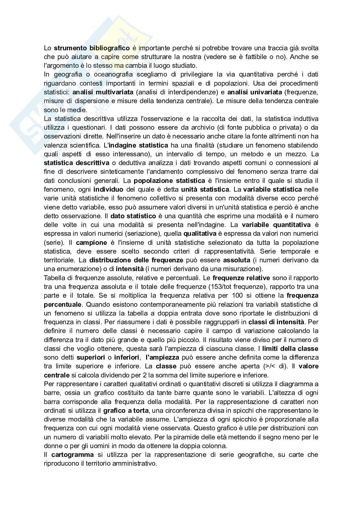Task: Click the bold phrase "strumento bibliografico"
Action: (x=92, y=48)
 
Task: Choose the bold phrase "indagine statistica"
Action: (x=138, y=145)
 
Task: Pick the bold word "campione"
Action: (x=91, y=242)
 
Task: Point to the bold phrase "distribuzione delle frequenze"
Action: (x=136, y=260)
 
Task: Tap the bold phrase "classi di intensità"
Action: (x=276, y=322)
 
